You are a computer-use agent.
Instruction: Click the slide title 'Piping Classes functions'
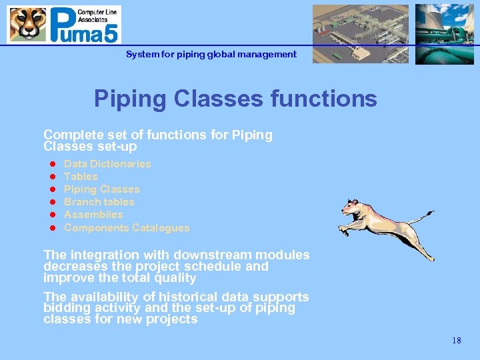pyautogui.click(x=235, y=99)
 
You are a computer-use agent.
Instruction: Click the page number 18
pyautogui.click(x=456, y=341)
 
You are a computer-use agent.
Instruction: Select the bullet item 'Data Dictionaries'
pyautogui.click(x=107, y=164)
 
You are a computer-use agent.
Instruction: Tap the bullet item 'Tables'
pyautogui.click(x=81, y=177)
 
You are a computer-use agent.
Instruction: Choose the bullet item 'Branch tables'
pyautogui.click(x=99, y=202)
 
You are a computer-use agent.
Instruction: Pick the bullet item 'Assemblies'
pyautogui.click(x=93, y=215)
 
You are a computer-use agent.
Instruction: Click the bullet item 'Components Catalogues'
pyautogui.click(x=127, y=228)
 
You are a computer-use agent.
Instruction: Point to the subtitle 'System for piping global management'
pyautogui.click(x=211, y=54)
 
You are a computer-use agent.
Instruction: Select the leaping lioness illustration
pyautogui.click(x=380, y=223)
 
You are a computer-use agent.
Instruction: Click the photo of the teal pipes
pyautogui.click(x=444, y=34)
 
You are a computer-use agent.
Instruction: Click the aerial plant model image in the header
pyautogui.click(x=361, y=34)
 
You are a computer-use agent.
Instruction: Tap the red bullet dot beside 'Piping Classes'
pyautogui.click(x=51, y=189)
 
